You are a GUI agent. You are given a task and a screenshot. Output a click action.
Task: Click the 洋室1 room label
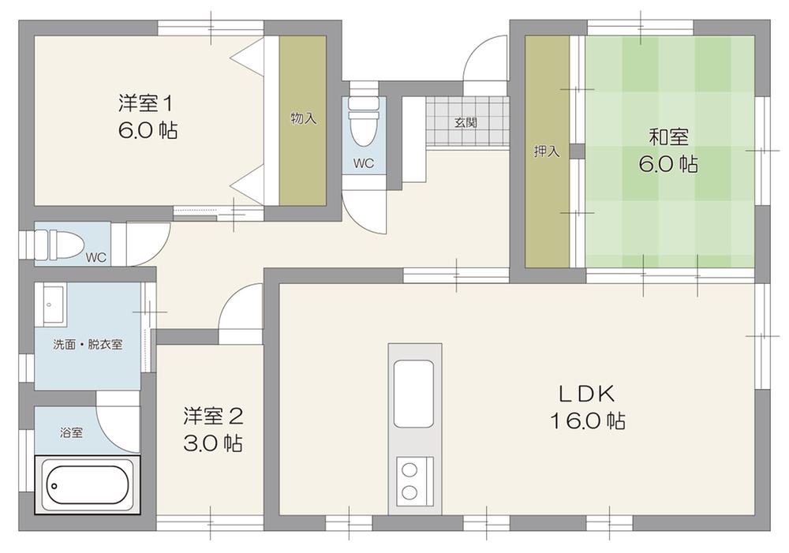tap(146, 103)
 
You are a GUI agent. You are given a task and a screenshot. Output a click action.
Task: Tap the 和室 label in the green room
tap(669, 136)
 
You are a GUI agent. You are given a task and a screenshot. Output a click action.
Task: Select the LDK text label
tap(588, 394)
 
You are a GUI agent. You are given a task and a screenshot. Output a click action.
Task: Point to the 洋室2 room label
tap(213, 417)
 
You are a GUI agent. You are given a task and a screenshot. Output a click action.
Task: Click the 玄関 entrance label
tap(466, 122)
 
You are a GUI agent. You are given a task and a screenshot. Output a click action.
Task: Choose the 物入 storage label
tap(304, 119)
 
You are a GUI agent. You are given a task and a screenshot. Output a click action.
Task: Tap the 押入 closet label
tap(547, 151)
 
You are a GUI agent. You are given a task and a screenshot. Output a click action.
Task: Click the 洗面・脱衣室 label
tap(88, 345)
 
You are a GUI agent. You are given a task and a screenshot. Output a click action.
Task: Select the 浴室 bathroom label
tap(72, 432)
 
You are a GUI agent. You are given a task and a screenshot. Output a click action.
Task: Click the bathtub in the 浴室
tap(88, 485)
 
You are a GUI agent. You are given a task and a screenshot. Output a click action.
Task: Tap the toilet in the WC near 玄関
tap(363, 119)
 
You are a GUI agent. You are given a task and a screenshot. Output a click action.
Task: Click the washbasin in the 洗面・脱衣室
tap(54, 305)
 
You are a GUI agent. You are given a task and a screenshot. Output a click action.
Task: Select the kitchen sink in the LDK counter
tap(413, 394)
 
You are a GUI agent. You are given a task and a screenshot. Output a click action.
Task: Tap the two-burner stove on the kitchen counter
tap(415, 481)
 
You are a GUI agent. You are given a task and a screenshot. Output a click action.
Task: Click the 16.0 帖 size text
tap(588, 420)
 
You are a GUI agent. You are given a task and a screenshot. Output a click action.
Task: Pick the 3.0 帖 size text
tap(213, 443)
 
